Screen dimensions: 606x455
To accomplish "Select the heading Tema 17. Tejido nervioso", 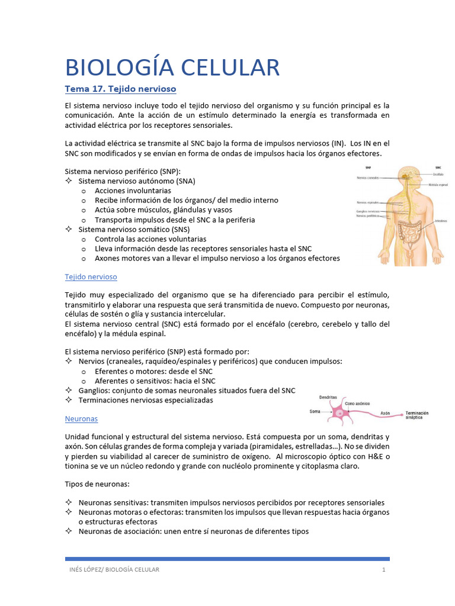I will (120, 89).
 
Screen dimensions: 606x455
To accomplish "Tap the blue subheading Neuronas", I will (81, 418).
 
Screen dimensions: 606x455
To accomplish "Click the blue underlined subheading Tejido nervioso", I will (91, 276).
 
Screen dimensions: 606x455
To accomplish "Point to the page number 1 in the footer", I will (383, 569).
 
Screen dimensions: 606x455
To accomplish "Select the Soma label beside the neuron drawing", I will (316, 411).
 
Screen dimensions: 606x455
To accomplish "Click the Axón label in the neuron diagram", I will (385, 413).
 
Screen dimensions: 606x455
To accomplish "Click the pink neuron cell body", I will (341, 413).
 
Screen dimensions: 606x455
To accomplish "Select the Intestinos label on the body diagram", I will (440, 221).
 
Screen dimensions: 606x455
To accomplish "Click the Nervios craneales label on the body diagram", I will (369, 176).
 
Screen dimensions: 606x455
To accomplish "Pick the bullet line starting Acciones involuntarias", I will (133, 191).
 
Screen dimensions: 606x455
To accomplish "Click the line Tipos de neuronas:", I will (97, 484).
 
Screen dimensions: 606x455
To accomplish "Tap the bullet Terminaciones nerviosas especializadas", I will (145, 400).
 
